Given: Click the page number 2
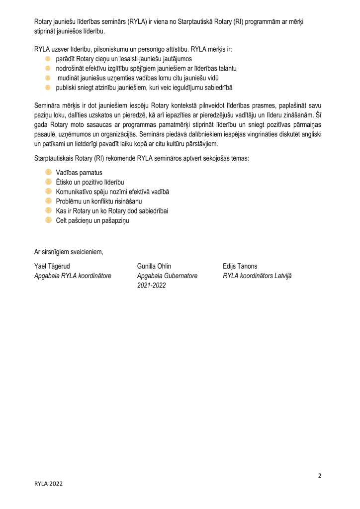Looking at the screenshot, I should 320,475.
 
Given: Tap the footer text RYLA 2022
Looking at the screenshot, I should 49,483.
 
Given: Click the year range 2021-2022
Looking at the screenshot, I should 151,285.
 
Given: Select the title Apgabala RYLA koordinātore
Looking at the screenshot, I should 73,276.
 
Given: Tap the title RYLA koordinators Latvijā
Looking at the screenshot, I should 258,276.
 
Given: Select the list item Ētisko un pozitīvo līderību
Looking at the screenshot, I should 90,182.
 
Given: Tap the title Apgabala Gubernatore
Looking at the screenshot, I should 167,276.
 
